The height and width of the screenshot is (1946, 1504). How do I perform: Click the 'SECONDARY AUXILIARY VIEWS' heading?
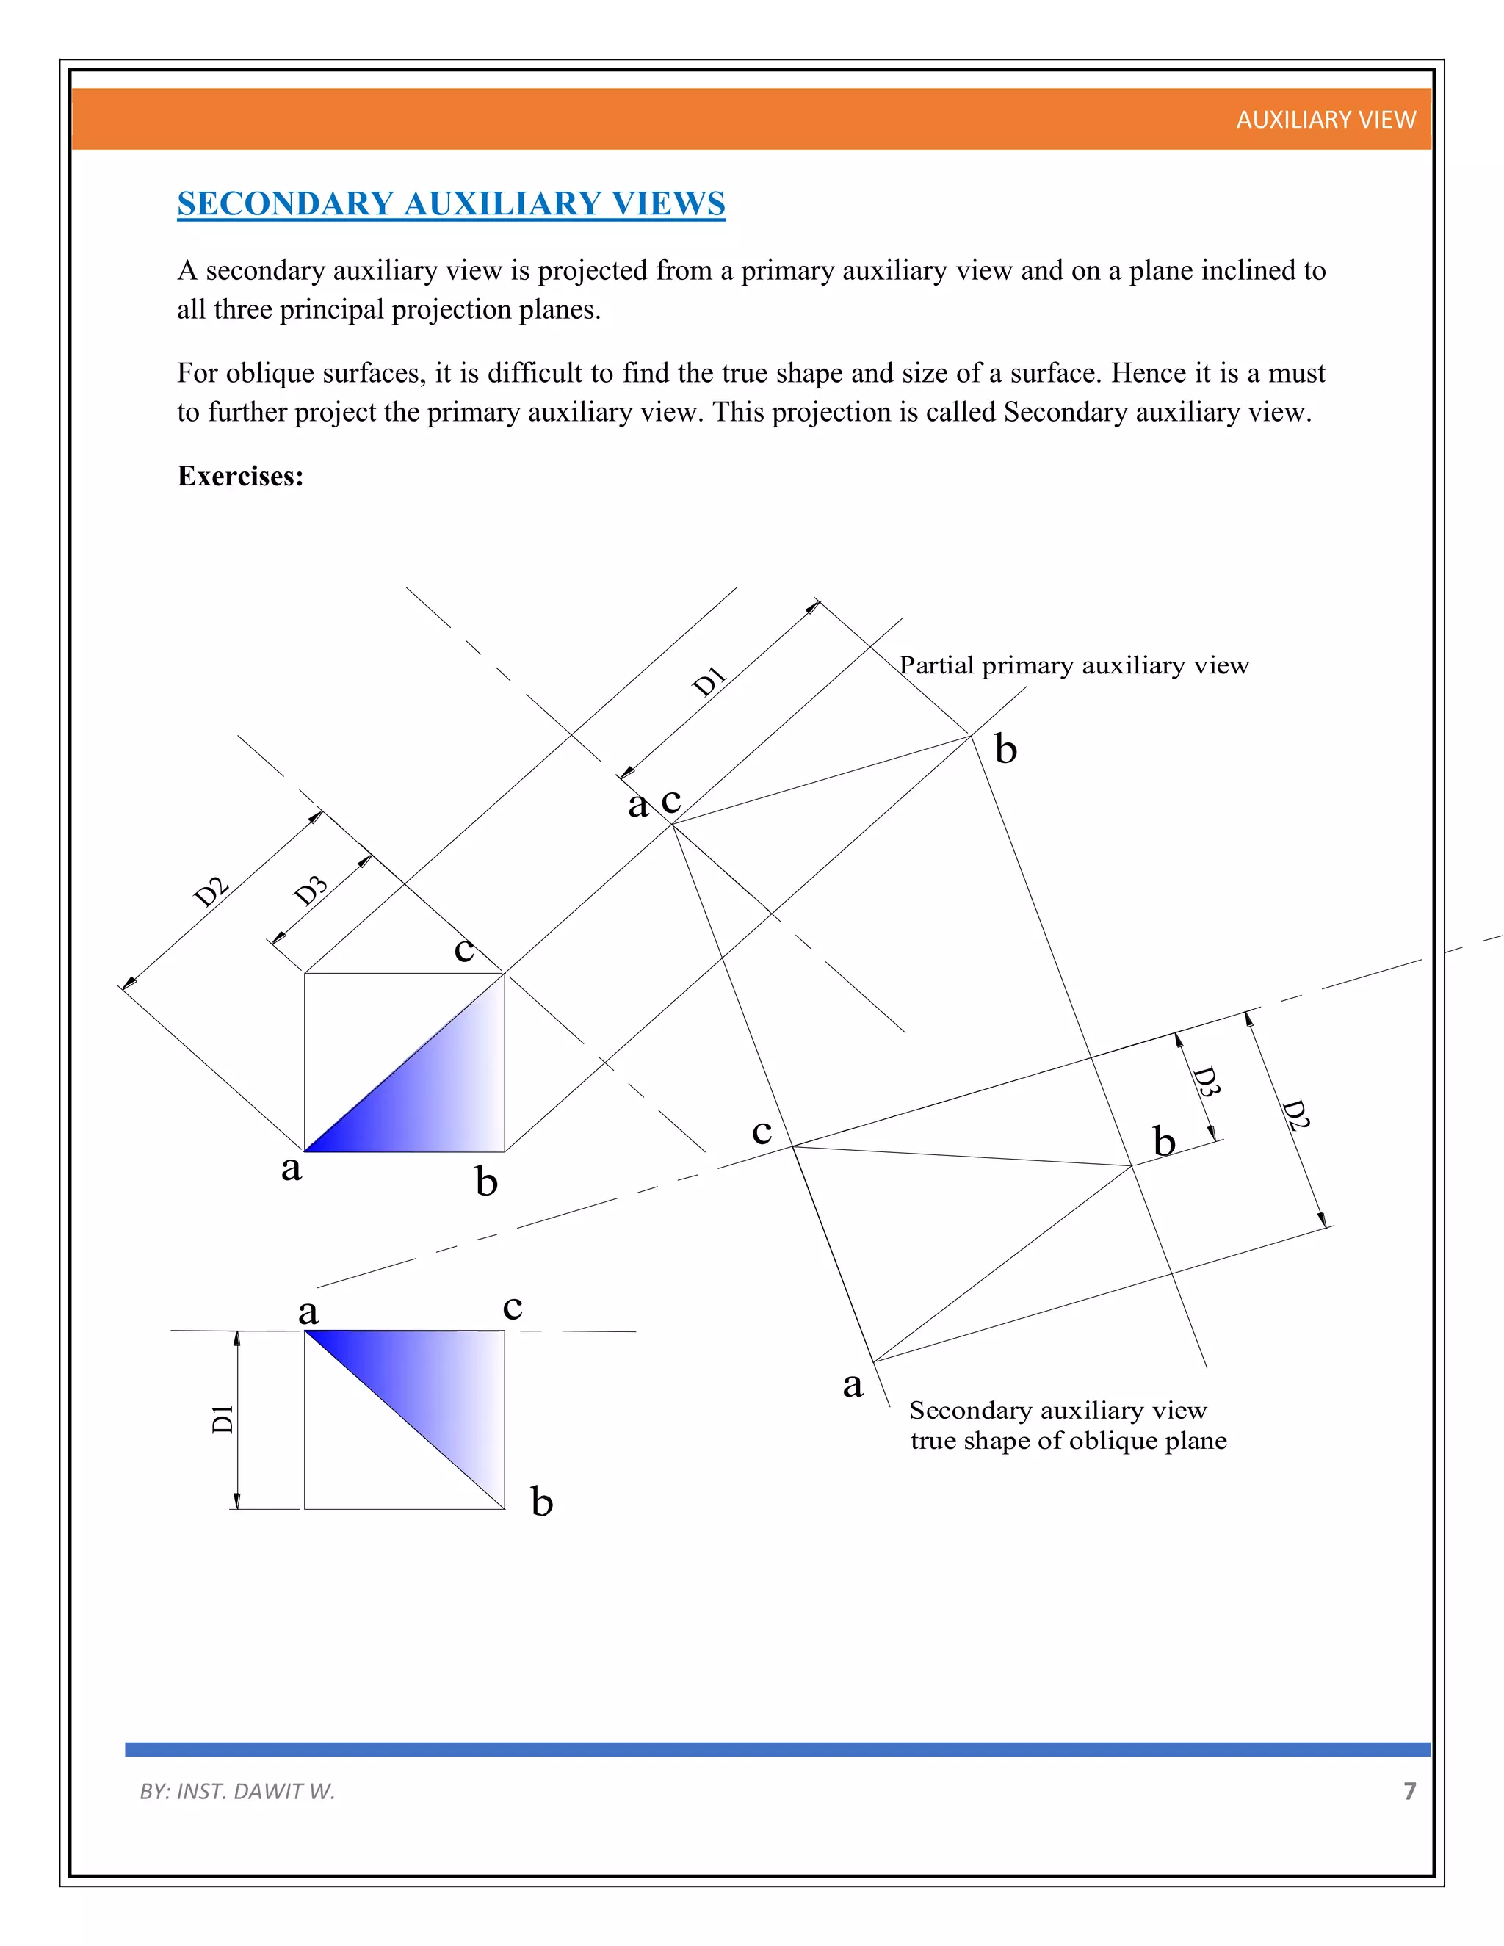[x=451, y=204]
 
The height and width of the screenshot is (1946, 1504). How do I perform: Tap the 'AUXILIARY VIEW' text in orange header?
[x=1325, y=120]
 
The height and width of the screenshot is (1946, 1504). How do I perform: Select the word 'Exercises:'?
[x=241, y=476]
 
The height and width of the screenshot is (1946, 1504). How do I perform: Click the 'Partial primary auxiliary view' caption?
[x=1074, y=665]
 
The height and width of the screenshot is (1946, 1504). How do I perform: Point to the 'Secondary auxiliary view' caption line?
[x=1057, y=1411]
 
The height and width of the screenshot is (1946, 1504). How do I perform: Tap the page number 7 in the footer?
[x=1409, y=1791]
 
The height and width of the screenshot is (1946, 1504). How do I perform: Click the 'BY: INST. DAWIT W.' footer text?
[x=237, y=1791]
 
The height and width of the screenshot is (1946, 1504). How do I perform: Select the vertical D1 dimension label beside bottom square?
[x=223, y=1419]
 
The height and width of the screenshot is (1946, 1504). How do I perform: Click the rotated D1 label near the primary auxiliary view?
[x=709, y=681]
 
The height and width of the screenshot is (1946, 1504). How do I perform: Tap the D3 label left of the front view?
[x=311, y=890]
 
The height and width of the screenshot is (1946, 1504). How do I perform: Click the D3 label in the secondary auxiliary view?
[x=1206, y=1081]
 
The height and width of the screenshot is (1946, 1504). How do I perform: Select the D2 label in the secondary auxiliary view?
[x=1295, y=1115]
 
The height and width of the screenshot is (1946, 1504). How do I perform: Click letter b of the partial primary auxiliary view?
[x=1005, y=749]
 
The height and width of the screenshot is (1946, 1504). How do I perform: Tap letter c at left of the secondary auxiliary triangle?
[x=761, y=1132]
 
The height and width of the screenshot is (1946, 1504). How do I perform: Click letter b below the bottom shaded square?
[x=542, y=1502]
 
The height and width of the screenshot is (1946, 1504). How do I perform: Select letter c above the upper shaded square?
[x=463, y=949]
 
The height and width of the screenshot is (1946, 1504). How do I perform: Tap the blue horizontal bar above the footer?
[x=777, y=1749]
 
